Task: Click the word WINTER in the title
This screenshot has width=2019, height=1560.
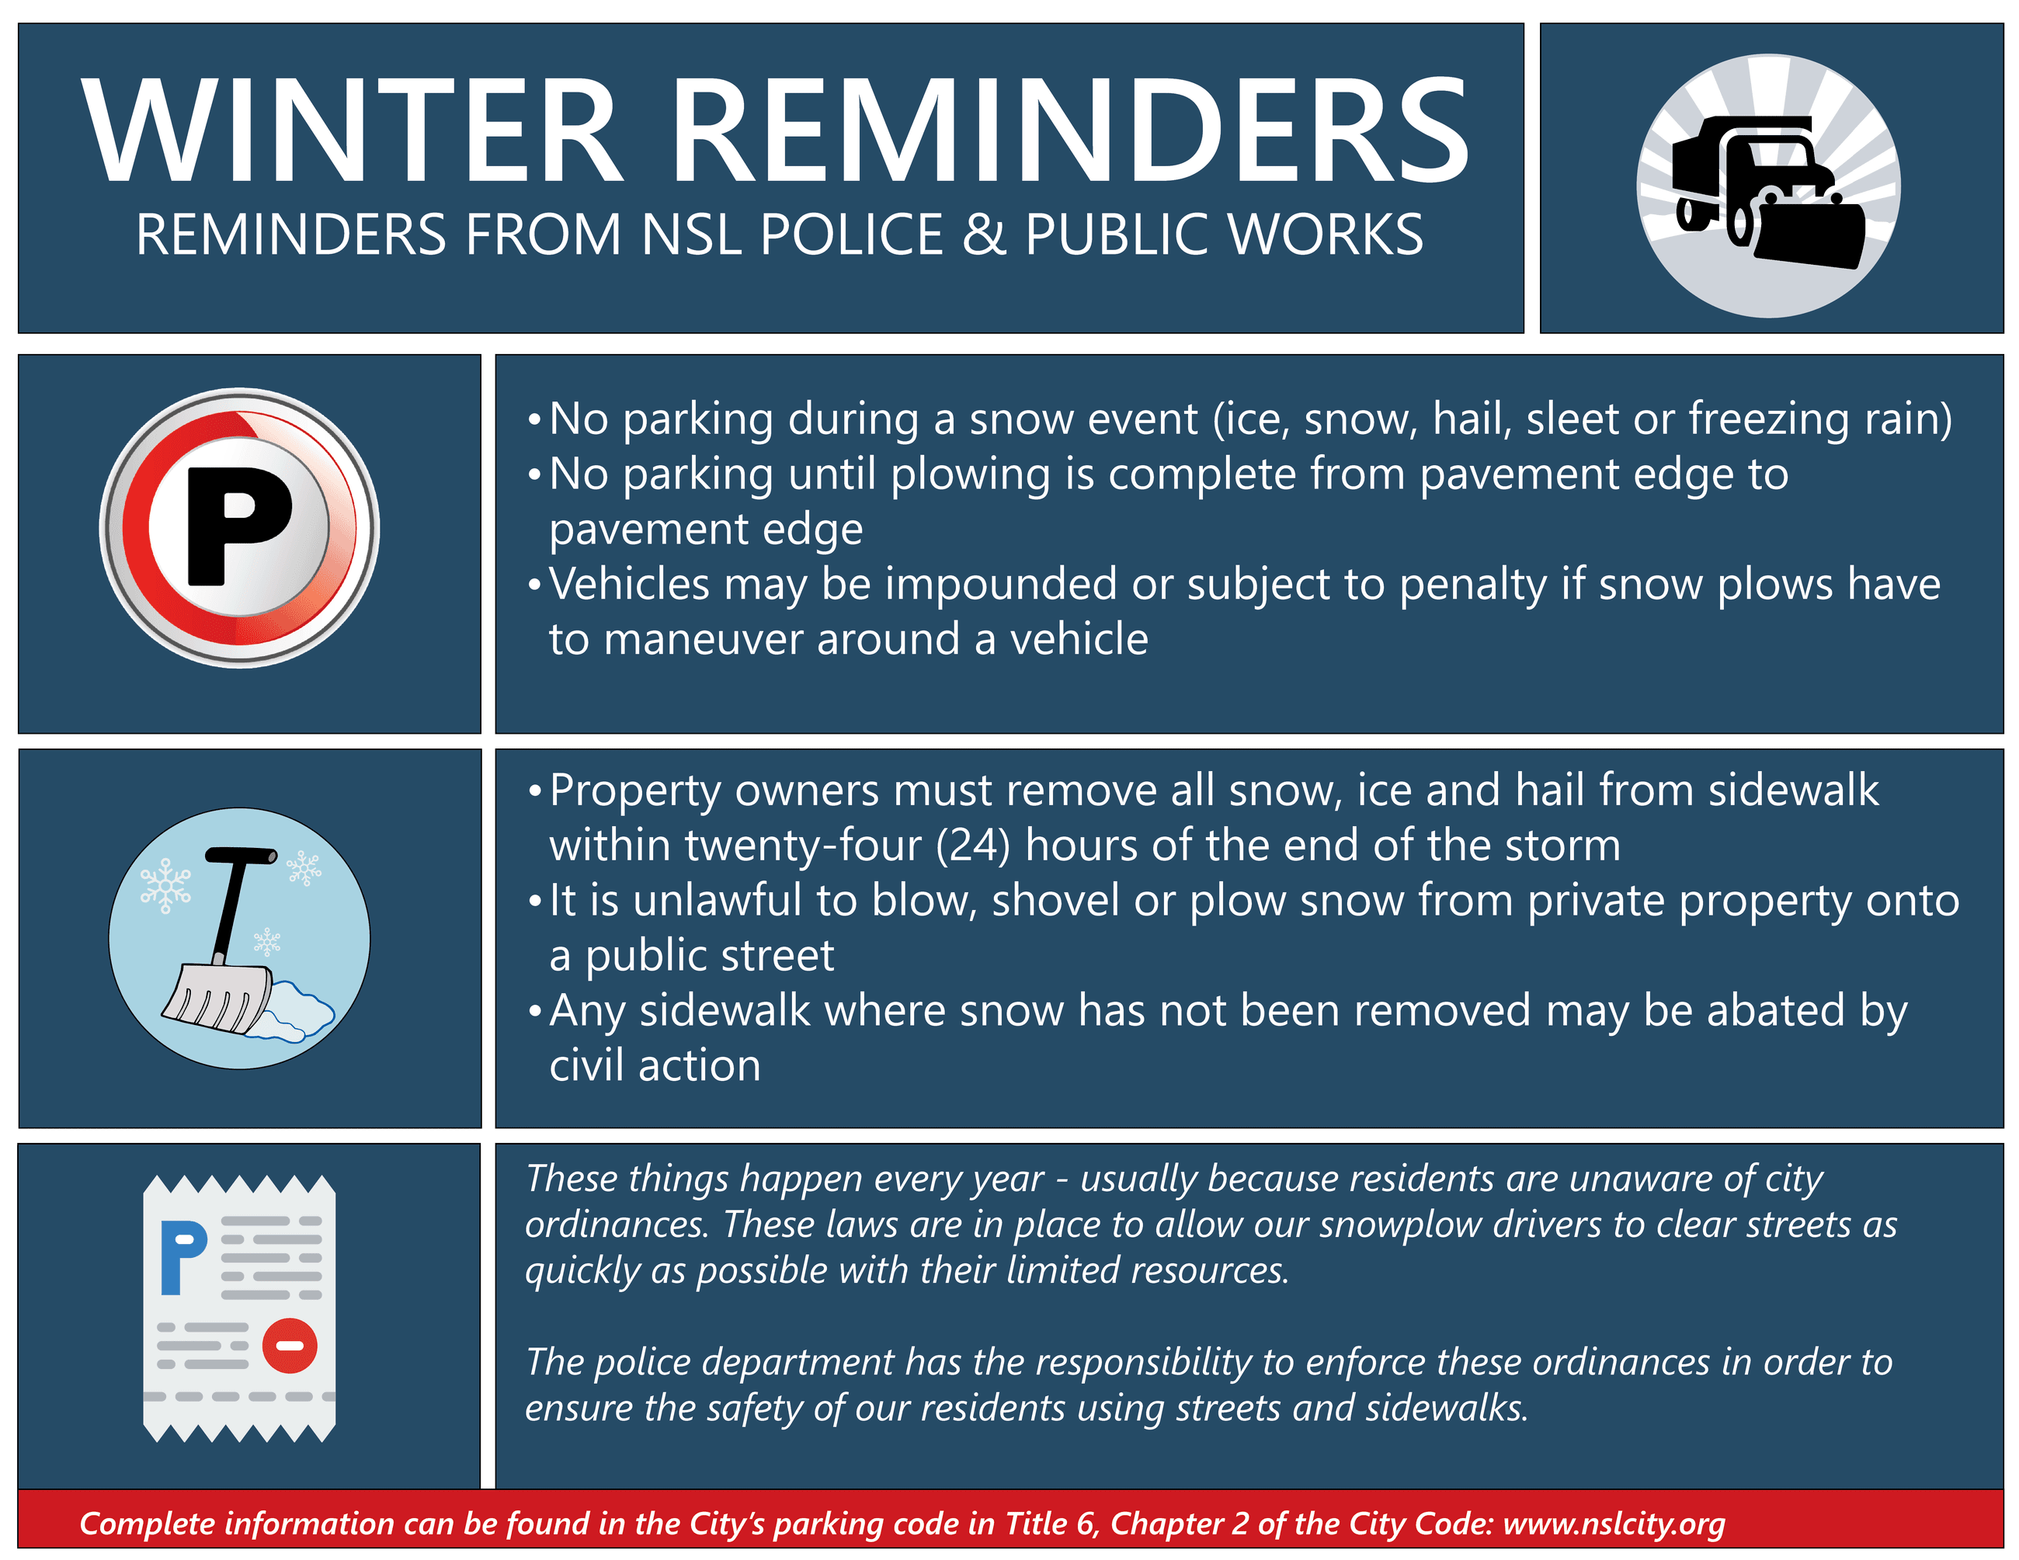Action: (x=351, y=131)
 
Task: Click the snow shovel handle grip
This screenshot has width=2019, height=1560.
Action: (x=241, y=855)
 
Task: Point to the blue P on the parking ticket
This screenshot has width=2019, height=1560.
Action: (x=182, y=1257)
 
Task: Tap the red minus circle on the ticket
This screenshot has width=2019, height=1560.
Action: (x=290, y=1346)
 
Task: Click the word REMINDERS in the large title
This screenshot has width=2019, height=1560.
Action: (x=1069, y=131)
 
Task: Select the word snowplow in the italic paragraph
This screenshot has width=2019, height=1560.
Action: (x=1398, y=1225)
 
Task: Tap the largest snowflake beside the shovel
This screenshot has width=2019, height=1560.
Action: (x=165, y=886)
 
